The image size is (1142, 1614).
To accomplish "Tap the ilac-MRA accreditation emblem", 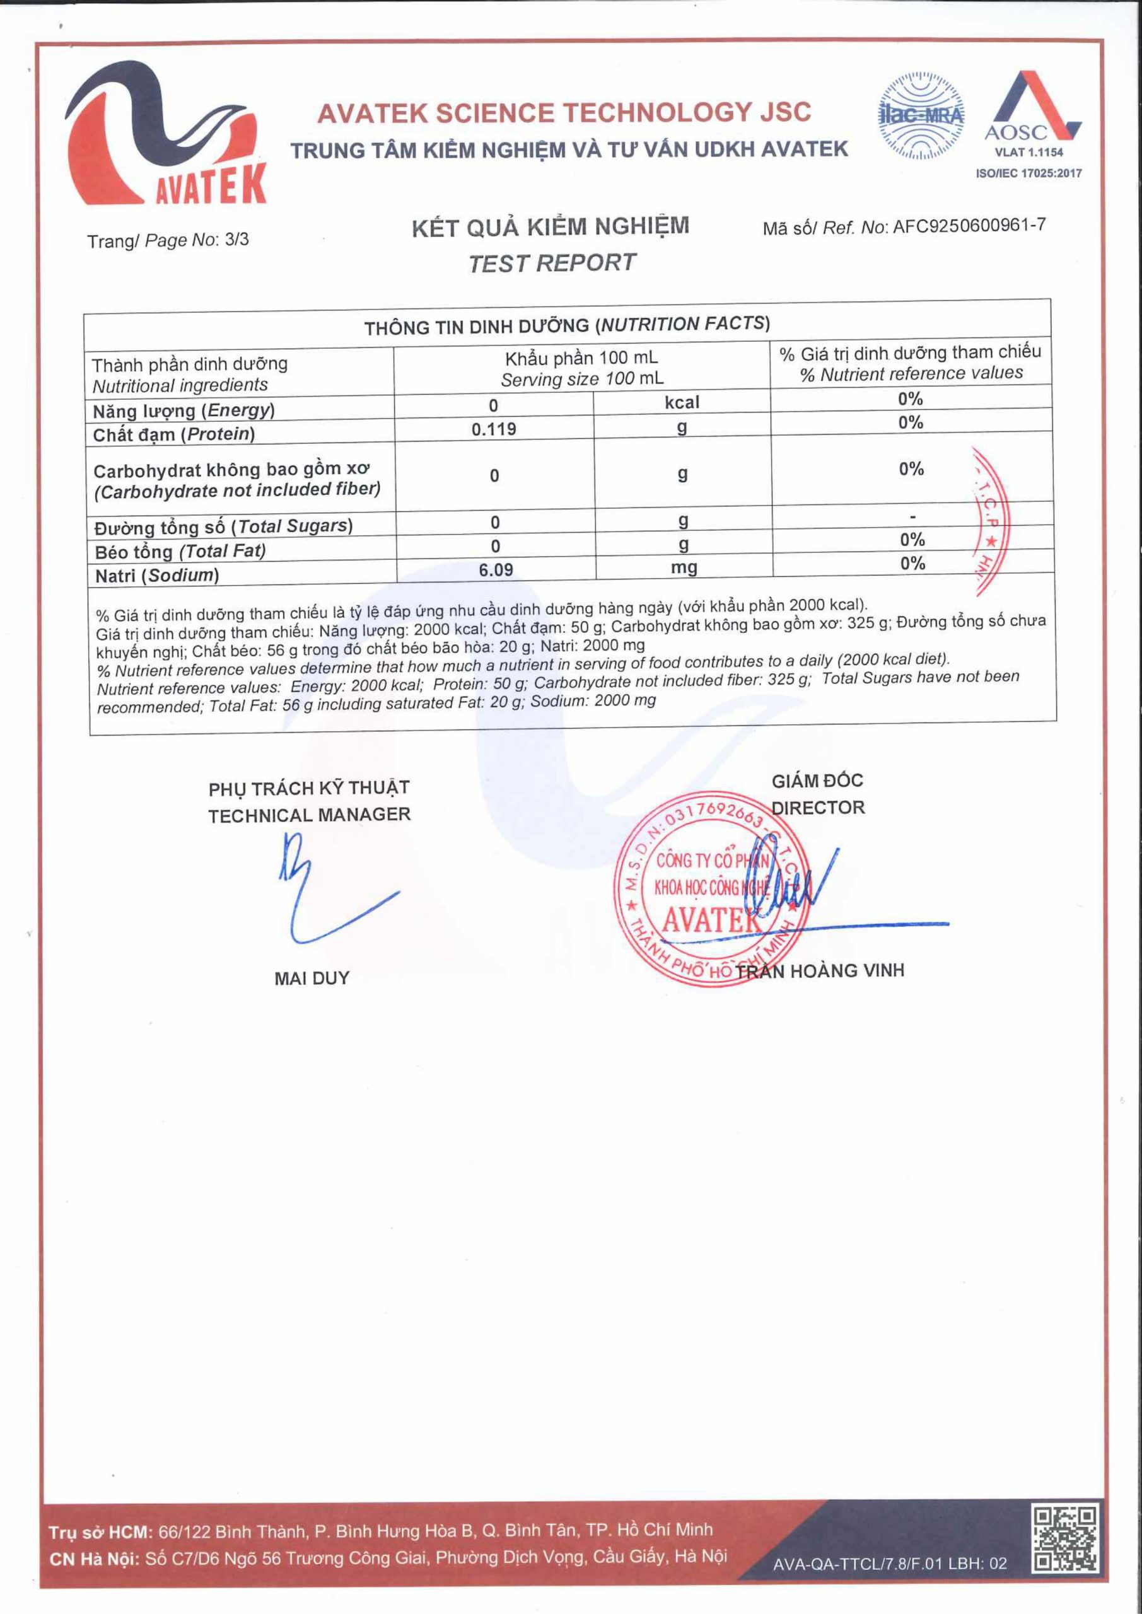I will (x=921, y=115).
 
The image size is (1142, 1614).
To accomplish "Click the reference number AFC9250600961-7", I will (x=969, y=226).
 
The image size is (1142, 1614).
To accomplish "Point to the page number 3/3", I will (x=236, y=240).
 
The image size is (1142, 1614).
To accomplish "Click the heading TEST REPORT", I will (x=551, y=262).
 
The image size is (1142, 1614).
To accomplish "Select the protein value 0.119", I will (x=494, y=429).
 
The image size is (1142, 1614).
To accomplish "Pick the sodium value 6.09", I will (x=496, y=569).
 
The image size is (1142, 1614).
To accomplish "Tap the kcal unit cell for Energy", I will (x=682, y=402).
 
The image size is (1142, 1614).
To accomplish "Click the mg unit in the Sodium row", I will (x=684, y=567).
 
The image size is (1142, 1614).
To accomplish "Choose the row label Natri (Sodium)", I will (x=157, y=576).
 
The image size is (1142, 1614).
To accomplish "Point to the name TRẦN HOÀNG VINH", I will (x=819, y=972).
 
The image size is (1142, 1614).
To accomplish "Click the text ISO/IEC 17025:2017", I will (x=1028, y=173).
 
